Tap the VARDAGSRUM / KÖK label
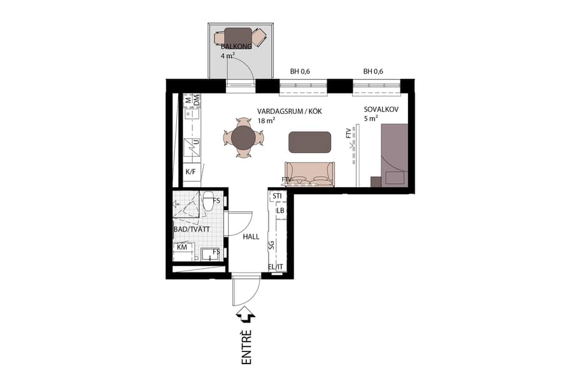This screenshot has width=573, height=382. coord(290,111)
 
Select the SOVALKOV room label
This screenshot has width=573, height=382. coord(381,109)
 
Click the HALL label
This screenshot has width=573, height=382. coord(251,236)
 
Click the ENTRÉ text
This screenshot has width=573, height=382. coord(246,347)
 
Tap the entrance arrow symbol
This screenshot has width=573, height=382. coord(246,315)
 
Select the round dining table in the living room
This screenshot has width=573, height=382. coord(243,137)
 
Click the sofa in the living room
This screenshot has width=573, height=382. coord(309,174)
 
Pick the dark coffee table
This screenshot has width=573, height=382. coord(309,141)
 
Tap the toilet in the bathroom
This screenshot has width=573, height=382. coord(208,201)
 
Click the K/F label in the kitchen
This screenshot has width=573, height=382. coord(190,172)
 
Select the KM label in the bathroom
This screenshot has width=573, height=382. coord(181,246)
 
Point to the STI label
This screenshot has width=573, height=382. coord(278,196)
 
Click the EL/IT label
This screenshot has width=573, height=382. coord(276,267)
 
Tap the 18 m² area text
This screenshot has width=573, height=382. coord(266,120)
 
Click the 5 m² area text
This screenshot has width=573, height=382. coord(371,118)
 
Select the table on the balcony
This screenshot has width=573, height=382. coord(239,37)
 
